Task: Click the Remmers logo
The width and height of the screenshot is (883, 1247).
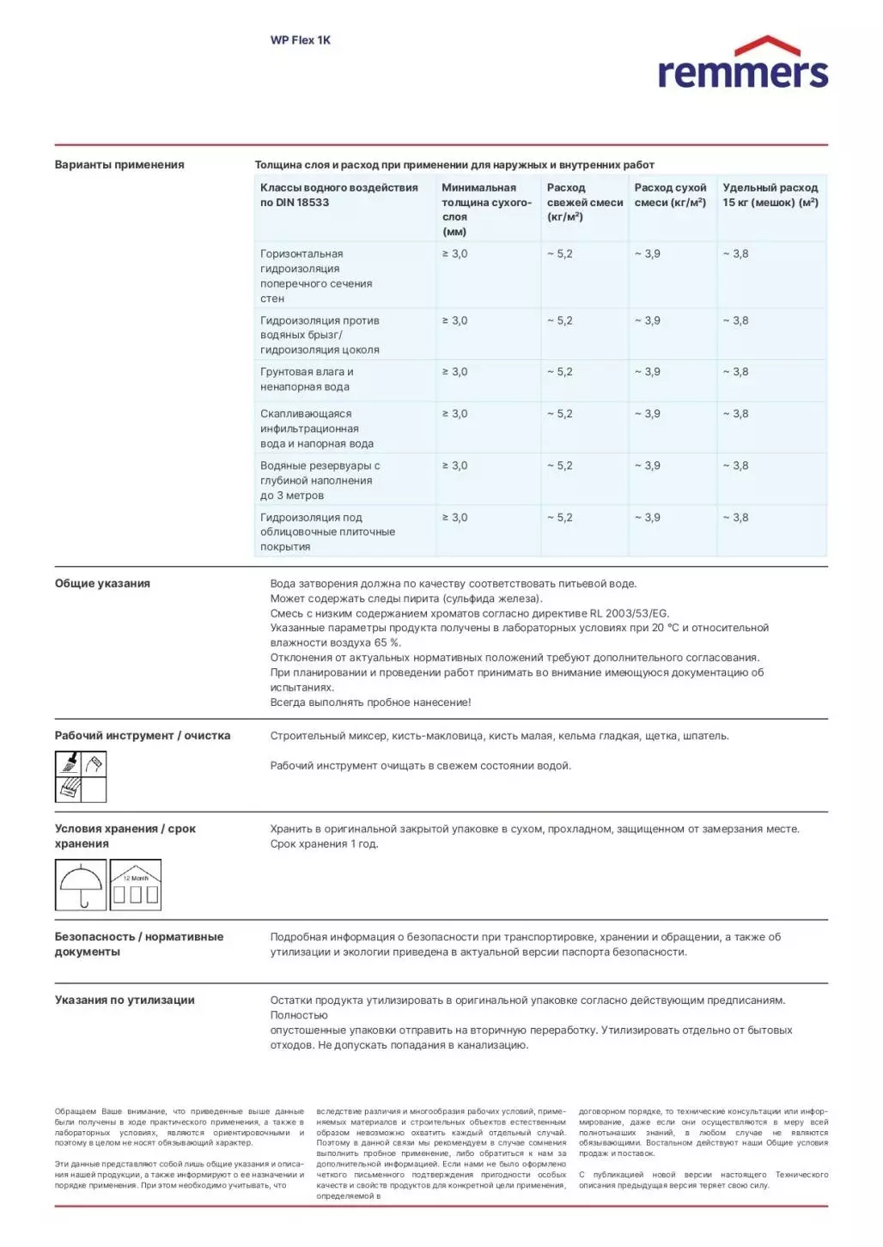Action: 742,64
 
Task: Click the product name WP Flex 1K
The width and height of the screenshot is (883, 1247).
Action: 300,40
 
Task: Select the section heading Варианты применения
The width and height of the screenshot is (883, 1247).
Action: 119,165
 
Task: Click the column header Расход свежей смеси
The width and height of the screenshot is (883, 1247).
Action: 584,202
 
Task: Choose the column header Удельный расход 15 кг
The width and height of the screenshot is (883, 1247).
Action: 770,195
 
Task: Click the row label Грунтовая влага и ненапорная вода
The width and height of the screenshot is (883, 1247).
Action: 307,380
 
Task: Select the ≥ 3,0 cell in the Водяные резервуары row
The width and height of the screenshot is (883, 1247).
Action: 454,466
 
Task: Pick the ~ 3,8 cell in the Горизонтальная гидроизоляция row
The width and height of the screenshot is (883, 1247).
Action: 735,254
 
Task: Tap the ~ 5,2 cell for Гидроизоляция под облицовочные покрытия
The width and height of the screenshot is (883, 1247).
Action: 559,518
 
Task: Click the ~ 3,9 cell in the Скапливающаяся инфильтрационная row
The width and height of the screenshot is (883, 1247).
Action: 648,414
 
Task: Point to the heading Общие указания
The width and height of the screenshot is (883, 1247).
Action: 102,584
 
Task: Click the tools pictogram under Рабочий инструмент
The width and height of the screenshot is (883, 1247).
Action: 81,776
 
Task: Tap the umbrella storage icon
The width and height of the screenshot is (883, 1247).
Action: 81,885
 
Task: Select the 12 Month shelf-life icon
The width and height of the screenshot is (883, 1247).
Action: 136,885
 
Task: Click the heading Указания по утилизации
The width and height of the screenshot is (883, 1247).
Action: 125,1001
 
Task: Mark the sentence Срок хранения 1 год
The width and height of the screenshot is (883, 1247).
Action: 324,844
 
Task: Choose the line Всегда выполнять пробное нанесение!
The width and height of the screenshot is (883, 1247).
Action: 370,703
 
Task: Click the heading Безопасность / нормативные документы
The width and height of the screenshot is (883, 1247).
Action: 138,945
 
